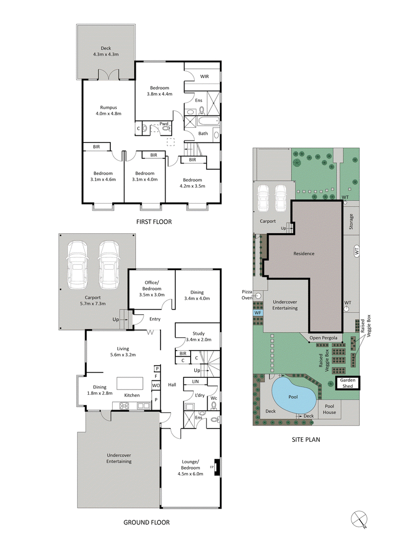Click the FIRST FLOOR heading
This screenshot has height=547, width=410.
pyautogui.click(x=154, y=222)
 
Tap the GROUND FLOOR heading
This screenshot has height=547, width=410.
pyautogui.click(x=146, y=522)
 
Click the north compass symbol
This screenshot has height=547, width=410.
pyautogui.click(x=360, y=519)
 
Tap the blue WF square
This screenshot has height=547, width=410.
pyautogui.click(x=257, y=312)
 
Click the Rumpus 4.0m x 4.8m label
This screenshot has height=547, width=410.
pyautogui.click(x=108, y=111)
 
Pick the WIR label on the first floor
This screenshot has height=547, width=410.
pyautogui.click(x=204, y=76)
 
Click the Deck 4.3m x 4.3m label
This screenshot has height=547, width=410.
pyautogui.click(x=106, y=51)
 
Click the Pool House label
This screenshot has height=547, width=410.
pyautogui.click(x=329, y=409)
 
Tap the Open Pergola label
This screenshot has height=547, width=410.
pyautogui.click(x=322, y=338)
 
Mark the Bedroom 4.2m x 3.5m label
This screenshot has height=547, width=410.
pyautogui.click(x=193, y=183)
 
